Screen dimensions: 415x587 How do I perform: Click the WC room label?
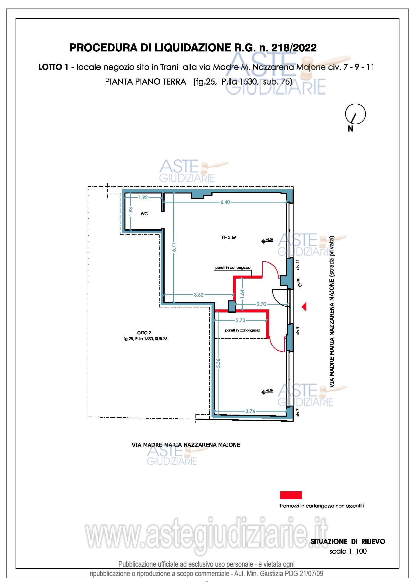click(144, 214)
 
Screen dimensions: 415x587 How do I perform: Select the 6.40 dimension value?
click(225, 202)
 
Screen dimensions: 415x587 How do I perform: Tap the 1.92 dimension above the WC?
click(143, 197)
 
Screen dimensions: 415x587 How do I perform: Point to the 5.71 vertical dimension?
click(174, 247)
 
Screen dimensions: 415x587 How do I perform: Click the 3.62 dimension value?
click(198, 295)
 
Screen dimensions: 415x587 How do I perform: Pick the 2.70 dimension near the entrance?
click(261, 304)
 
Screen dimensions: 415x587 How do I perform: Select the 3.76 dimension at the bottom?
click(250, 411)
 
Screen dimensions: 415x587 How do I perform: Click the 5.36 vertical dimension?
click(218, 363)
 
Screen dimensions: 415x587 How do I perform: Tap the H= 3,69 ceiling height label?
click(229, 237)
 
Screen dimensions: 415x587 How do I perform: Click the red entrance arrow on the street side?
click(304, 306)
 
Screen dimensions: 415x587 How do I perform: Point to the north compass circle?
click(356, 114)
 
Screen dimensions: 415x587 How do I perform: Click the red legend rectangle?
click(291, 495)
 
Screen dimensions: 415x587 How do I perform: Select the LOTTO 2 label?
click(143, 333)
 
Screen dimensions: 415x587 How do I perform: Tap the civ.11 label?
click(298, 265)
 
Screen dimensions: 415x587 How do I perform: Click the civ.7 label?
click(298, 413)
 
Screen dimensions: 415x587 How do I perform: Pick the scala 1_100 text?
click(348, 551)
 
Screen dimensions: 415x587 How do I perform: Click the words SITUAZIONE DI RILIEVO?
click(348, 541)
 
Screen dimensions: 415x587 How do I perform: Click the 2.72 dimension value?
click(240, 320)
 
